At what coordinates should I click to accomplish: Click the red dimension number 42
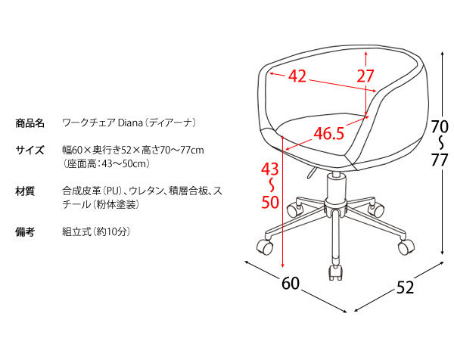tap(297, 76)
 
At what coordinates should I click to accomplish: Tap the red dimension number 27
tap(365, 76)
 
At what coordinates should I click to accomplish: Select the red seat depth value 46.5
tap(329, 133)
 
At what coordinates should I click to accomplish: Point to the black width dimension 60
tap(291, 284)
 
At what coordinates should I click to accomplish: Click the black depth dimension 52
tap(405, 287)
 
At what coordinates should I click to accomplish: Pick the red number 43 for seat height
tap(270, 169)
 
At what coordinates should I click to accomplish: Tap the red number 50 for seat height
tap(270, 202)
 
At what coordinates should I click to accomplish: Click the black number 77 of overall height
tap(440, 160)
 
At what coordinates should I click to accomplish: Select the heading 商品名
tap(30, 123)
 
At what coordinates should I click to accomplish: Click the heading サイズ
tap(30, 151)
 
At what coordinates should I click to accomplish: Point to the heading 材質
tap(25, 191)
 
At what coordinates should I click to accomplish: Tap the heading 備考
tap(25, 231)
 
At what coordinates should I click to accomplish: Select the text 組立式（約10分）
tap(96, 231)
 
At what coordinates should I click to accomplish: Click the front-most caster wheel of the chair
tap(335, 273)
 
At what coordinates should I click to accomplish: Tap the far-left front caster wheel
tap(265, 247)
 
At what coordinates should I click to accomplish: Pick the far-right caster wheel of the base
tap(406, 247)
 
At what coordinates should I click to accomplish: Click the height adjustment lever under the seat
tap(311, 172)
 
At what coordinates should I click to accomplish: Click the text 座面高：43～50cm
tap(106, 164)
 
